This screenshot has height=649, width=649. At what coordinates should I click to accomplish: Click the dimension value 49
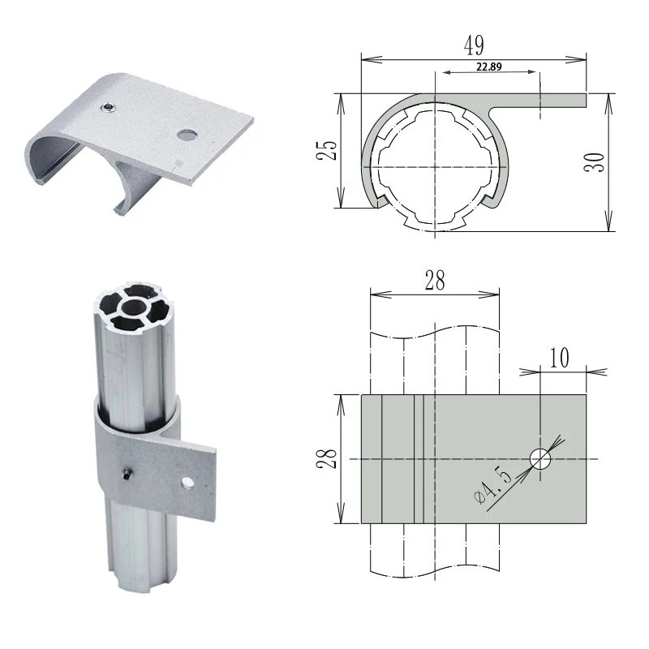coord(472,45)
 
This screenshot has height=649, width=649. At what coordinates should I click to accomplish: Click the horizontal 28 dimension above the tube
coord(434,282)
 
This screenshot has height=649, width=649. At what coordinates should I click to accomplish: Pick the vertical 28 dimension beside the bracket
coord(326,460)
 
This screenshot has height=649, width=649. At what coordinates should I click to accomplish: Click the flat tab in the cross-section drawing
coord(539,99)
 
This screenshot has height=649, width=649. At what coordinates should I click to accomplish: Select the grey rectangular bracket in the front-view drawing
coord(473,459)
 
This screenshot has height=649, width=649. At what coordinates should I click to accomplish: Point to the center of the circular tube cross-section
coord(436,167)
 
